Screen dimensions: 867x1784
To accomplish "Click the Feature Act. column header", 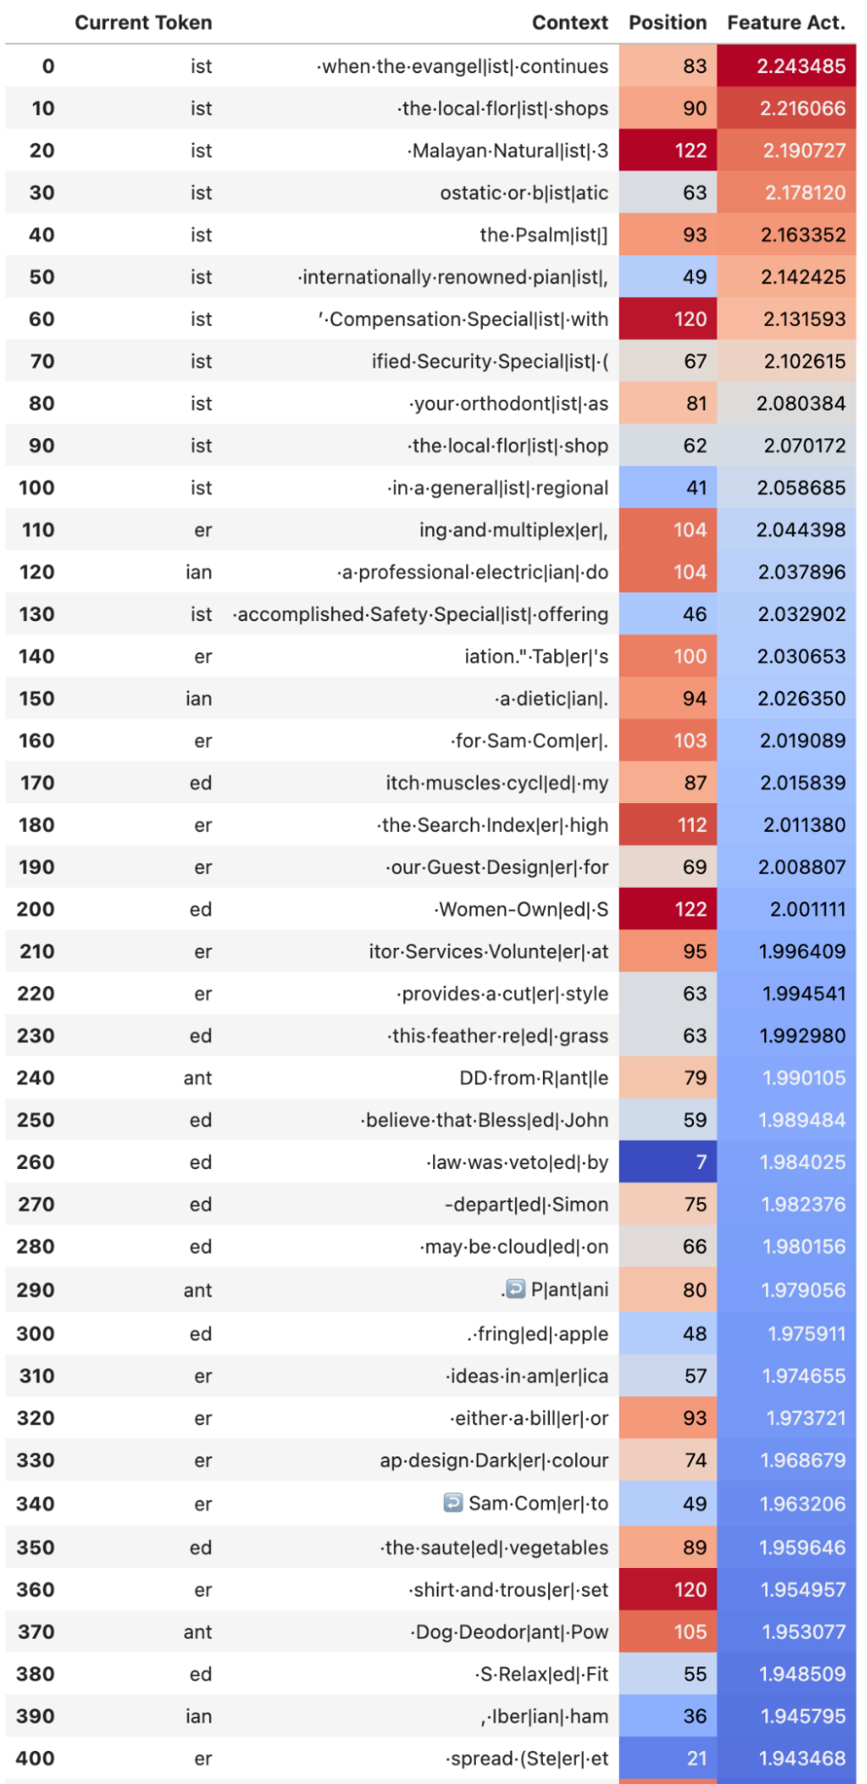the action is (x=786, y=22).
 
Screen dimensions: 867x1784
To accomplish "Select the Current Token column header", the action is (x=143, y=22).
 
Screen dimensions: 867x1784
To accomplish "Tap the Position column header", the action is (x=667, y=22).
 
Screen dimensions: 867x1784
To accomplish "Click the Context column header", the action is (x=570, y=22).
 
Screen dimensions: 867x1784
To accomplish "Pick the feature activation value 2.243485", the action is (x=787, y=66).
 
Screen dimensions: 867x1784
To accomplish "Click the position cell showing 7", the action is (x=667, y=1162).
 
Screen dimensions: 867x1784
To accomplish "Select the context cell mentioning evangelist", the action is (x=463, y=66).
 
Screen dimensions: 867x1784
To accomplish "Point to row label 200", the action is (x=36, y=909).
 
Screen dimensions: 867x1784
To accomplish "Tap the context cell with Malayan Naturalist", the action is (x=508, y=151).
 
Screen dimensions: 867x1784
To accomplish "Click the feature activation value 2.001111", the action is (x=787, y=909).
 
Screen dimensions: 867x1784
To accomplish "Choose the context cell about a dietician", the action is (x=552, y=699).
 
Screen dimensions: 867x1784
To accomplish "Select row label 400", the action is (x=36, y=1758).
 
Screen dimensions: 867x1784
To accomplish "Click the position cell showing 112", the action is (x=667, y=826).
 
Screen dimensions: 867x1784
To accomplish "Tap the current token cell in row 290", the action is (x=197, y=1290).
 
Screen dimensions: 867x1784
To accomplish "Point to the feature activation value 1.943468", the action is (x=787, y=1758).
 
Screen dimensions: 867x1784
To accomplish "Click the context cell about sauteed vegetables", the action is (x=495, y=1548).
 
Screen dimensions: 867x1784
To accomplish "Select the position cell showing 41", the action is (x=667, y=488).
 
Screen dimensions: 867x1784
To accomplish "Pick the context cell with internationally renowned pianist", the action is (x=454, y=278).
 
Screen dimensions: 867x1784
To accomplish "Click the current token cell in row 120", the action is (x=199, y=572).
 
